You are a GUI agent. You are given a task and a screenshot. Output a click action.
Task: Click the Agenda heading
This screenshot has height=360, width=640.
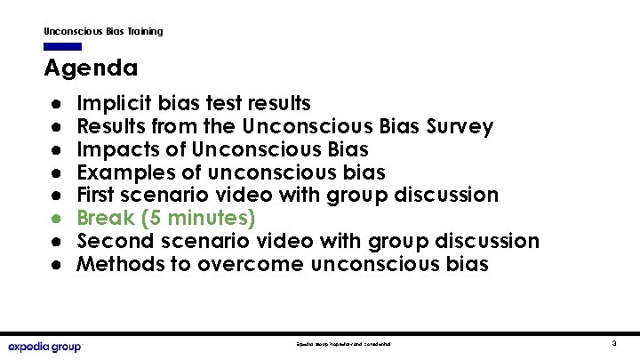(x=91, y=68)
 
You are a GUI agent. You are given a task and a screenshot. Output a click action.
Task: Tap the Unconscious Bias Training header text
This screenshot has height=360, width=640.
(x=103, y=31)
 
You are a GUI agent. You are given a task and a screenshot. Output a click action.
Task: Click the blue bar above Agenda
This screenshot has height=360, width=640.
(x=62, y=46)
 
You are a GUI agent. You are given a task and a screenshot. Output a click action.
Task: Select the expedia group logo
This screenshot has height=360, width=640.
(x=44, y=346)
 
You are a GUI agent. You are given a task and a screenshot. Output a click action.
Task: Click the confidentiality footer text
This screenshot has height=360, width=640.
(x=344, y=343)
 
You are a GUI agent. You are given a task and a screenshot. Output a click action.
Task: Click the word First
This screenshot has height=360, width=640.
(x=96, y=195)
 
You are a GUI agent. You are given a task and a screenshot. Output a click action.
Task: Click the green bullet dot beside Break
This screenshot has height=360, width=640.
(x=55, y=219)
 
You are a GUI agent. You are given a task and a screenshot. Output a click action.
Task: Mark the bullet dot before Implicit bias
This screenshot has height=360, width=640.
(x=55, y=104)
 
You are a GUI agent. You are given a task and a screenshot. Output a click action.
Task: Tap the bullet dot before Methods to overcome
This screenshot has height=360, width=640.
(x=55, y=264)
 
